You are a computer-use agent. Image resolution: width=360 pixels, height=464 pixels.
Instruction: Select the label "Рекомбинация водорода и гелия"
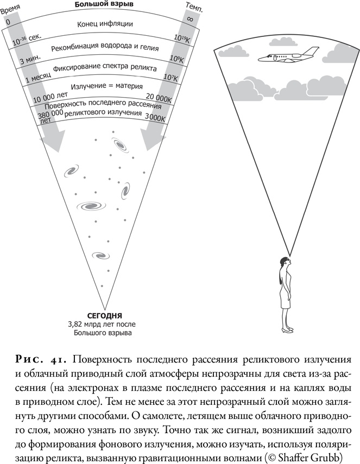(x=105, y=48)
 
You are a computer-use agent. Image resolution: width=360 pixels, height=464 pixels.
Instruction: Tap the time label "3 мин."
(x=30, y=61)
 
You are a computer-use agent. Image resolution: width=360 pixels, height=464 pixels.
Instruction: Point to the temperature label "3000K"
(x=155, y=117)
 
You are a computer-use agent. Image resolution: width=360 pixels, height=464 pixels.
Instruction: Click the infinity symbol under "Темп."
(x=190, y=20)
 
